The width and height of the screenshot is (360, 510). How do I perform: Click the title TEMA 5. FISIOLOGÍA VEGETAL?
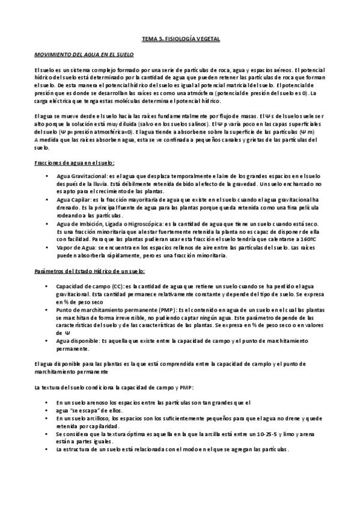point(180,39)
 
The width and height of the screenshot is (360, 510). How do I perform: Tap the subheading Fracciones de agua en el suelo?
point(75,163)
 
